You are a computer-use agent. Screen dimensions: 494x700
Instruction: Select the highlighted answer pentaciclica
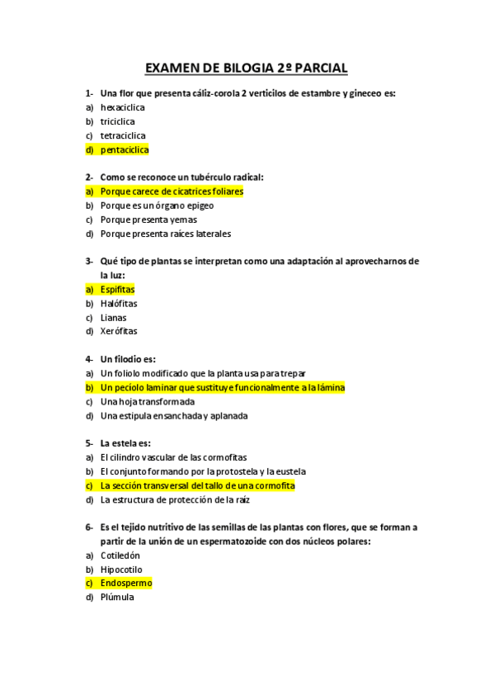124,150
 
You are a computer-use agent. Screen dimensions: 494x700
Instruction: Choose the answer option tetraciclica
123,135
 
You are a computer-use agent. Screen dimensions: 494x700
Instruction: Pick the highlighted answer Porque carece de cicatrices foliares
172,192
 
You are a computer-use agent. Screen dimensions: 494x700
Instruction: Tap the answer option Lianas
113,318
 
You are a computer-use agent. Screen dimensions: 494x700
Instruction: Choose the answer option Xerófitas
119,332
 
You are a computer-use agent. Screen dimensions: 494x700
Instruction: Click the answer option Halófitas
119,304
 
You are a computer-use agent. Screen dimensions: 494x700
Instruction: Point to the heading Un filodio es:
128,359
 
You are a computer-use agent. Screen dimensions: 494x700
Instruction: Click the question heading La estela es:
125,443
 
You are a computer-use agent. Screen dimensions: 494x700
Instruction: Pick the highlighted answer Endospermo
126,583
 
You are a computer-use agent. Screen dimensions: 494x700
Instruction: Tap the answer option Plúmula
116,597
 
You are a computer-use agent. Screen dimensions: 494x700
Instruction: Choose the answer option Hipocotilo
121,570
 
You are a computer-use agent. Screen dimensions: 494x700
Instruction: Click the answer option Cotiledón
120,556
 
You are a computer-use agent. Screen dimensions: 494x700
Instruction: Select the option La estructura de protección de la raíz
175,499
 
